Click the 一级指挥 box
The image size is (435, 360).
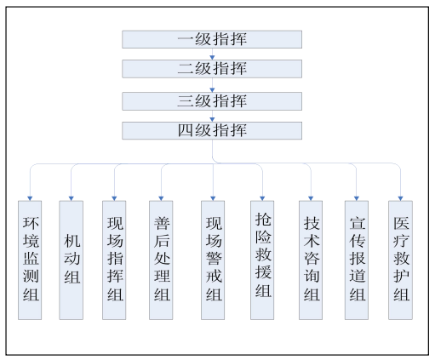click(x=212, y=39)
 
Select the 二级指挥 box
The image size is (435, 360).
click(x=212, y=69)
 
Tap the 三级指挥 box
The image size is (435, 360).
click(x=212, y=101)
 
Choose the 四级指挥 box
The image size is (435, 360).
click(x=212, y=130)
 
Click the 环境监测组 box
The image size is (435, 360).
click(x=30, y=260)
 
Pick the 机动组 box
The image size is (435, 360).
click(x=72, y=260)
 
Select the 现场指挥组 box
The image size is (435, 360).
click(x=114, y=260)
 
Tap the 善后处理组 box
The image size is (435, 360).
click(x=161, y=260)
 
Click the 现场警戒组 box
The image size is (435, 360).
click(x=213, y=260)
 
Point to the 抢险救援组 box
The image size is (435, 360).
click(x=262, y=260)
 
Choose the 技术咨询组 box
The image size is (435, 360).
click(x=311, y=260)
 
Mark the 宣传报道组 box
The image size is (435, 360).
click(x=357, y=260)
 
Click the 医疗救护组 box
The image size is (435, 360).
click(x=400, y=260)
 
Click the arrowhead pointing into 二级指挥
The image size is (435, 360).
click(x=212, y=58)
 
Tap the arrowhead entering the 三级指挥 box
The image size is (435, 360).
click(x=212, y=90)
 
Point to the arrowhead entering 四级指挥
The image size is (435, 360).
click(x=212, y=120)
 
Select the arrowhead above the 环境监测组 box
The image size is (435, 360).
click(x=30, y=198)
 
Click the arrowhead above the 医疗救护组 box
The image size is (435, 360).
click(x=400, y=198)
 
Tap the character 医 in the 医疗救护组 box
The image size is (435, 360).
click(x=401, y=223)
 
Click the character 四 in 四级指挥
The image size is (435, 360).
click(x=186, y=130)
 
